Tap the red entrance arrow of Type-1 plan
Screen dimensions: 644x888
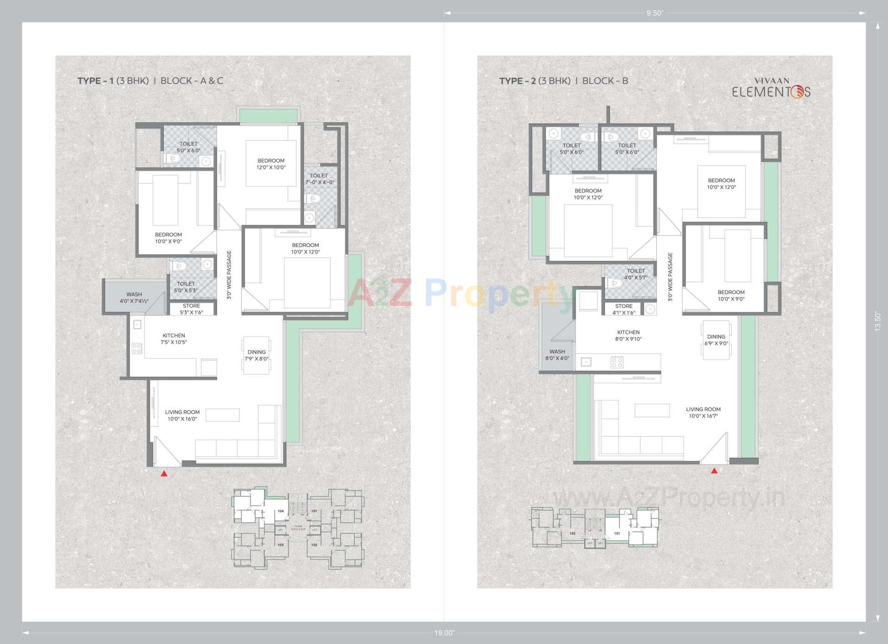[164, 474]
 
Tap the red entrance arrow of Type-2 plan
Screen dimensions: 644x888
[714, 471]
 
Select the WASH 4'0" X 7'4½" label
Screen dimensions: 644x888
[134, 297]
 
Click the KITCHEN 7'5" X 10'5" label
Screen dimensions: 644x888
[174, 339]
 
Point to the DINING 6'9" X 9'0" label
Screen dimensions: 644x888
[716, 340]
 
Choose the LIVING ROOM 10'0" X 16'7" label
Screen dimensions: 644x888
[703, 412]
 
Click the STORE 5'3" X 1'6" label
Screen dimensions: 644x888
[191, 309]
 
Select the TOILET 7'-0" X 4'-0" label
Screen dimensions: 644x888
[319, 179]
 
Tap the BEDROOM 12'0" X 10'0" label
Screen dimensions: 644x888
[271, 164]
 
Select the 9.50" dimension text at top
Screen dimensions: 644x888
[655, 13]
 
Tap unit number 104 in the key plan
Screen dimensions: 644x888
[280, 511]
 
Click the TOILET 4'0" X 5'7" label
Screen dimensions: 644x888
[635, 274]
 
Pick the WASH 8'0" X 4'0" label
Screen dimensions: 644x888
[557, 355]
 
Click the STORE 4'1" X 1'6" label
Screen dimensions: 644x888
[623, 309]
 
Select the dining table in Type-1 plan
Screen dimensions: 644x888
[256, 355]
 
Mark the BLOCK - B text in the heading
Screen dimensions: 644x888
[605, 80]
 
